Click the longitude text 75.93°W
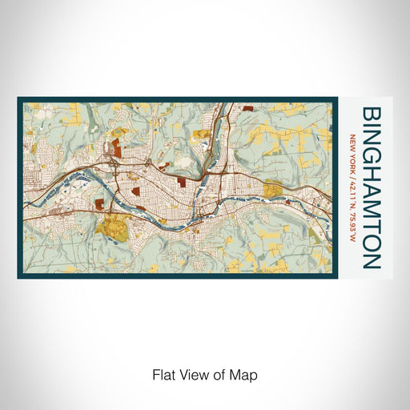coord(353,218)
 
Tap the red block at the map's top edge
coord(247,105)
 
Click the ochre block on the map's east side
coord(273,190)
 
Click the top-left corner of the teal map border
coord(18,98)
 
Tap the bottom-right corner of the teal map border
coord(335,277)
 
